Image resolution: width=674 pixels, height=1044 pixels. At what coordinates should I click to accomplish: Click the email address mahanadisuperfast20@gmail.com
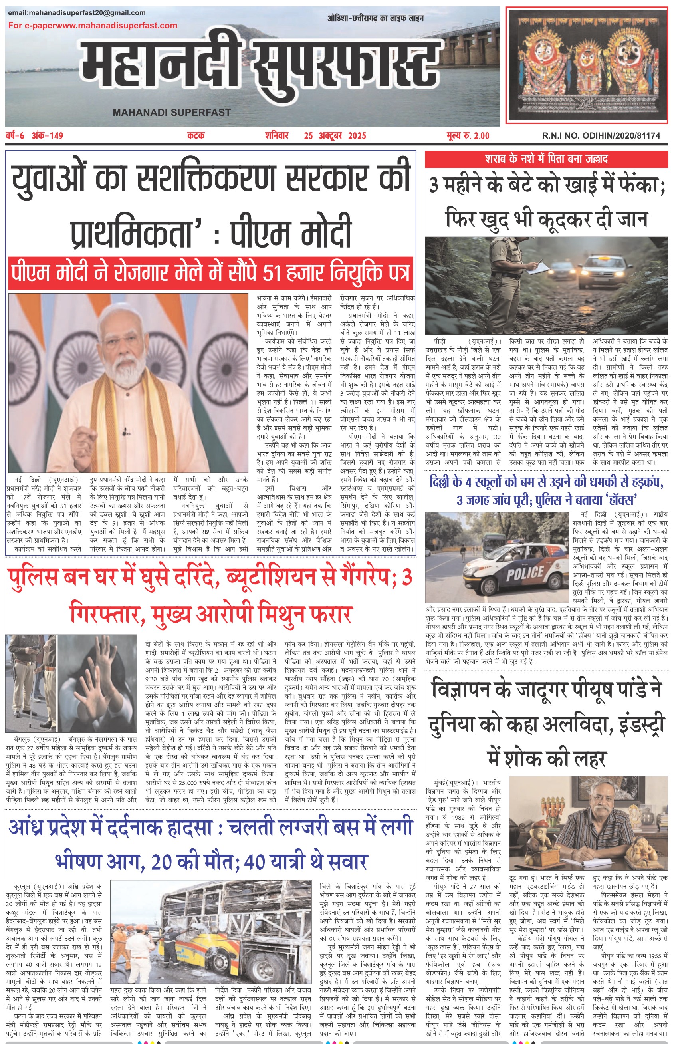(x=77, y=13)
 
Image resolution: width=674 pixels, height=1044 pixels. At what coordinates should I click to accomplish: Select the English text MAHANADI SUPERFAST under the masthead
(x=172, y=113)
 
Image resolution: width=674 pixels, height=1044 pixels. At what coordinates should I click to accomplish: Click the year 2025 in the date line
(x=357, y=136)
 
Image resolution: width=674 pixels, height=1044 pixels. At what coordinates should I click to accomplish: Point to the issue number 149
(x=56, y=136)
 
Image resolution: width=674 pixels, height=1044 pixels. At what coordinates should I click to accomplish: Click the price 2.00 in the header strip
(x=479, y=136)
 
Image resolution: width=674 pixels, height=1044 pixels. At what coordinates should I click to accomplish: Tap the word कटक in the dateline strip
(x=196, y=136)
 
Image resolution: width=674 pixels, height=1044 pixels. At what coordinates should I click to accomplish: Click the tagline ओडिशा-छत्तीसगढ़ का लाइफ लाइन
(x=375, y=18)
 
